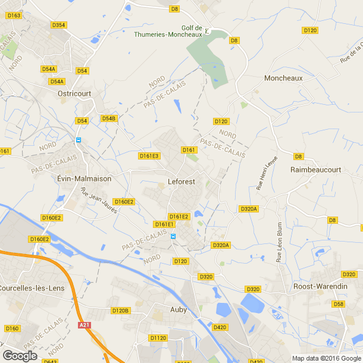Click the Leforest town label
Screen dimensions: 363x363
181,181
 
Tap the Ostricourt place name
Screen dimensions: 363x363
73,94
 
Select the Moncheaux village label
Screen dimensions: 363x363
283,78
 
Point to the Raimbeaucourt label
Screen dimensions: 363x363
315,170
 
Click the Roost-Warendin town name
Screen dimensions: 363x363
320,286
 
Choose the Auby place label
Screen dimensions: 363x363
179,309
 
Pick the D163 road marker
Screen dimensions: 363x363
14,15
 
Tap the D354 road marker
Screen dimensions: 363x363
59,25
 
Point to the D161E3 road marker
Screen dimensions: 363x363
149,156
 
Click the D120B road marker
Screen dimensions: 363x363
120,311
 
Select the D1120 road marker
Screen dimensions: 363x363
159,338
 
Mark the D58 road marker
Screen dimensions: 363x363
339,304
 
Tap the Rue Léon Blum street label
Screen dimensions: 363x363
278,242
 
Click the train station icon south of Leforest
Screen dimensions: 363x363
173,236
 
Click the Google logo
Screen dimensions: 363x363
20,356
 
